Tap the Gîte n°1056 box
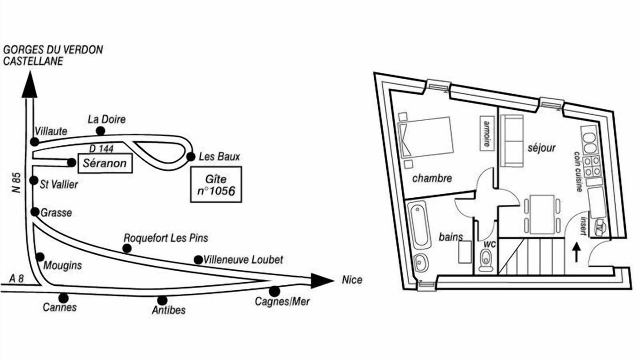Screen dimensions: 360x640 pos(216,184)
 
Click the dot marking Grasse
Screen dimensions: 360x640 pos(34,212)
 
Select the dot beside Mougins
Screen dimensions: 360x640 pos(39,257)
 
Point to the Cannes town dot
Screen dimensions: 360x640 pos(63,298)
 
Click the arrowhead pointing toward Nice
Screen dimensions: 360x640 pos(321,280)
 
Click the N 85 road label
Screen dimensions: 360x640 pos(17,182)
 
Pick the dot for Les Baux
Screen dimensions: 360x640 pos(190,156)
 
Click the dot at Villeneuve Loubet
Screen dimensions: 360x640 pos(198,259)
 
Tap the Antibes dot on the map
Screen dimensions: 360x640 pos(162,300)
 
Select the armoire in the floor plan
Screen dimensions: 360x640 pos(484,132)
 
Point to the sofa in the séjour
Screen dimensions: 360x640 pos(511,141)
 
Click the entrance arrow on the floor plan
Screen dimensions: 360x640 pos(575,252)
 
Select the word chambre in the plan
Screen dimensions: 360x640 pos(432,178)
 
